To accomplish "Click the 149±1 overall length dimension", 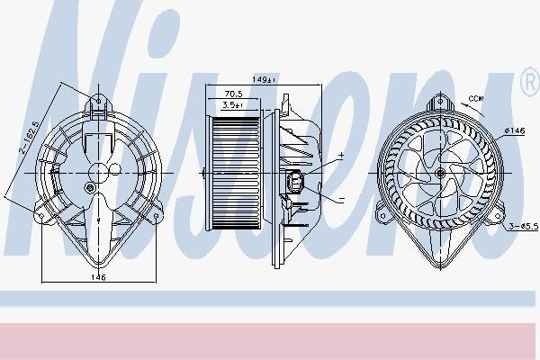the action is [264, 79].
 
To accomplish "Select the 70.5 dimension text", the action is [233, 94].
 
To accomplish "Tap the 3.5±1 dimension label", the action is [233, 105].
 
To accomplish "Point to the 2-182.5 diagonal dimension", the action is [28, 137].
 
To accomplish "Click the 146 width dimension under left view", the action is [98, 277].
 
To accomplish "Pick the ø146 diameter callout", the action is [515, 130].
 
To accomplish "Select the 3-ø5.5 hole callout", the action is [523, 226].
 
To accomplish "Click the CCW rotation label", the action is [476, 98].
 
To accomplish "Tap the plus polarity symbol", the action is [341, 156].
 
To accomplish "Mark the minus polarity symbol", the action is [342, 199].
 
